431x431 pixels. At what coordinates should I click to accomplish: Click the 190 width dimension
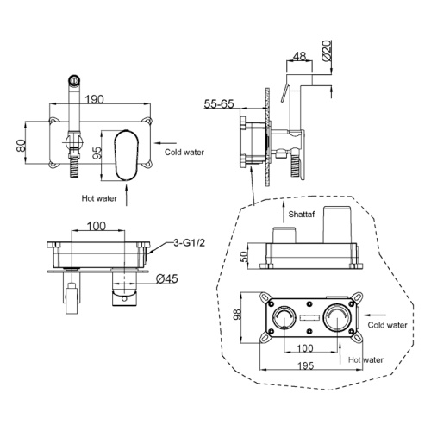coord(95,99)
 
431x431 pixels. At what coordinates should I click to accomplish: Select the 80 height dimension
coord(22,146)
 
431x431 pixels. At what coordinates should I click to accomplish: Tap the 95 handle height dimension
coord(97,153)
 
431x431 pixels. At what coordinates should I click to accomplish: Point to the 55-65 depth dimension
coord(219,103)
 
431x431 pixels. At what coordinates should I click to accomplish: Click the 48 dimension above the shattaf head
coord(299,56)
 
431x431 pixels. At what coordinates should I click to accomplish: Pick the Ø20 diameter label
coord(327,51)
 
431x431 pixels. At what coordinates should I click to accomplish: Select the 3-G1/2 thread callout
coord(190,243)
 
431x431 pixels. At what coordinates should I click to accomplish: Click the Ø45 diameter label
coord(167,278)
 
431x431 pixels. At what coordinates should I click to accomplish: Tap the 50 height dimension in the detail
coord(244,256)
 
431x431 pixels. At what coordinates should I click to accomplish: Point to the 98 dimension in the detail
coord(237,315)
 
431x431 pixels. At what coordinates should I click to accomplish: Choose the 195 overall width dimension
coord(306,365)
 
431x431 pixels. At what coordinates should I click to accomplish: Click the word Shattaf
coord(302,214)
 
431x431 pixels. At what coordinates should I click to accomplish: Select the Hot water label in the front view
coord(99,198)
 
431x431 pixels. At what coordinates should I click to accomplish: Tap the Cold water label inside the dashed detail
coord(387,325)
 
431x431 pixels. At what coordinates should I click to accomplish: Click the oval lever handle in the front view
coord(127,155)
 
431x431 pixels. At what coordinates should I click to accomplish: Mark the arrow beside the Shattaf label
coord(284,212)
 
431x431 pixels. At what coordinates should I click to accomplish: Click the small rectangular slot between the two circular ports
coord(309,317)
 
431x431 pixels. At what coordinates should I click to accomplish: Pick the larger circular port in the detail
coord(338,317)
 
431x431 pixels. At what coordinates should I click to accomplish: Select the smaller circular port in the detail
coord(284,317)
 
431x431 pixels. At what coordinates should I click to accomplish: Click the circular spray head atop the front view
coord(74,80)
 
